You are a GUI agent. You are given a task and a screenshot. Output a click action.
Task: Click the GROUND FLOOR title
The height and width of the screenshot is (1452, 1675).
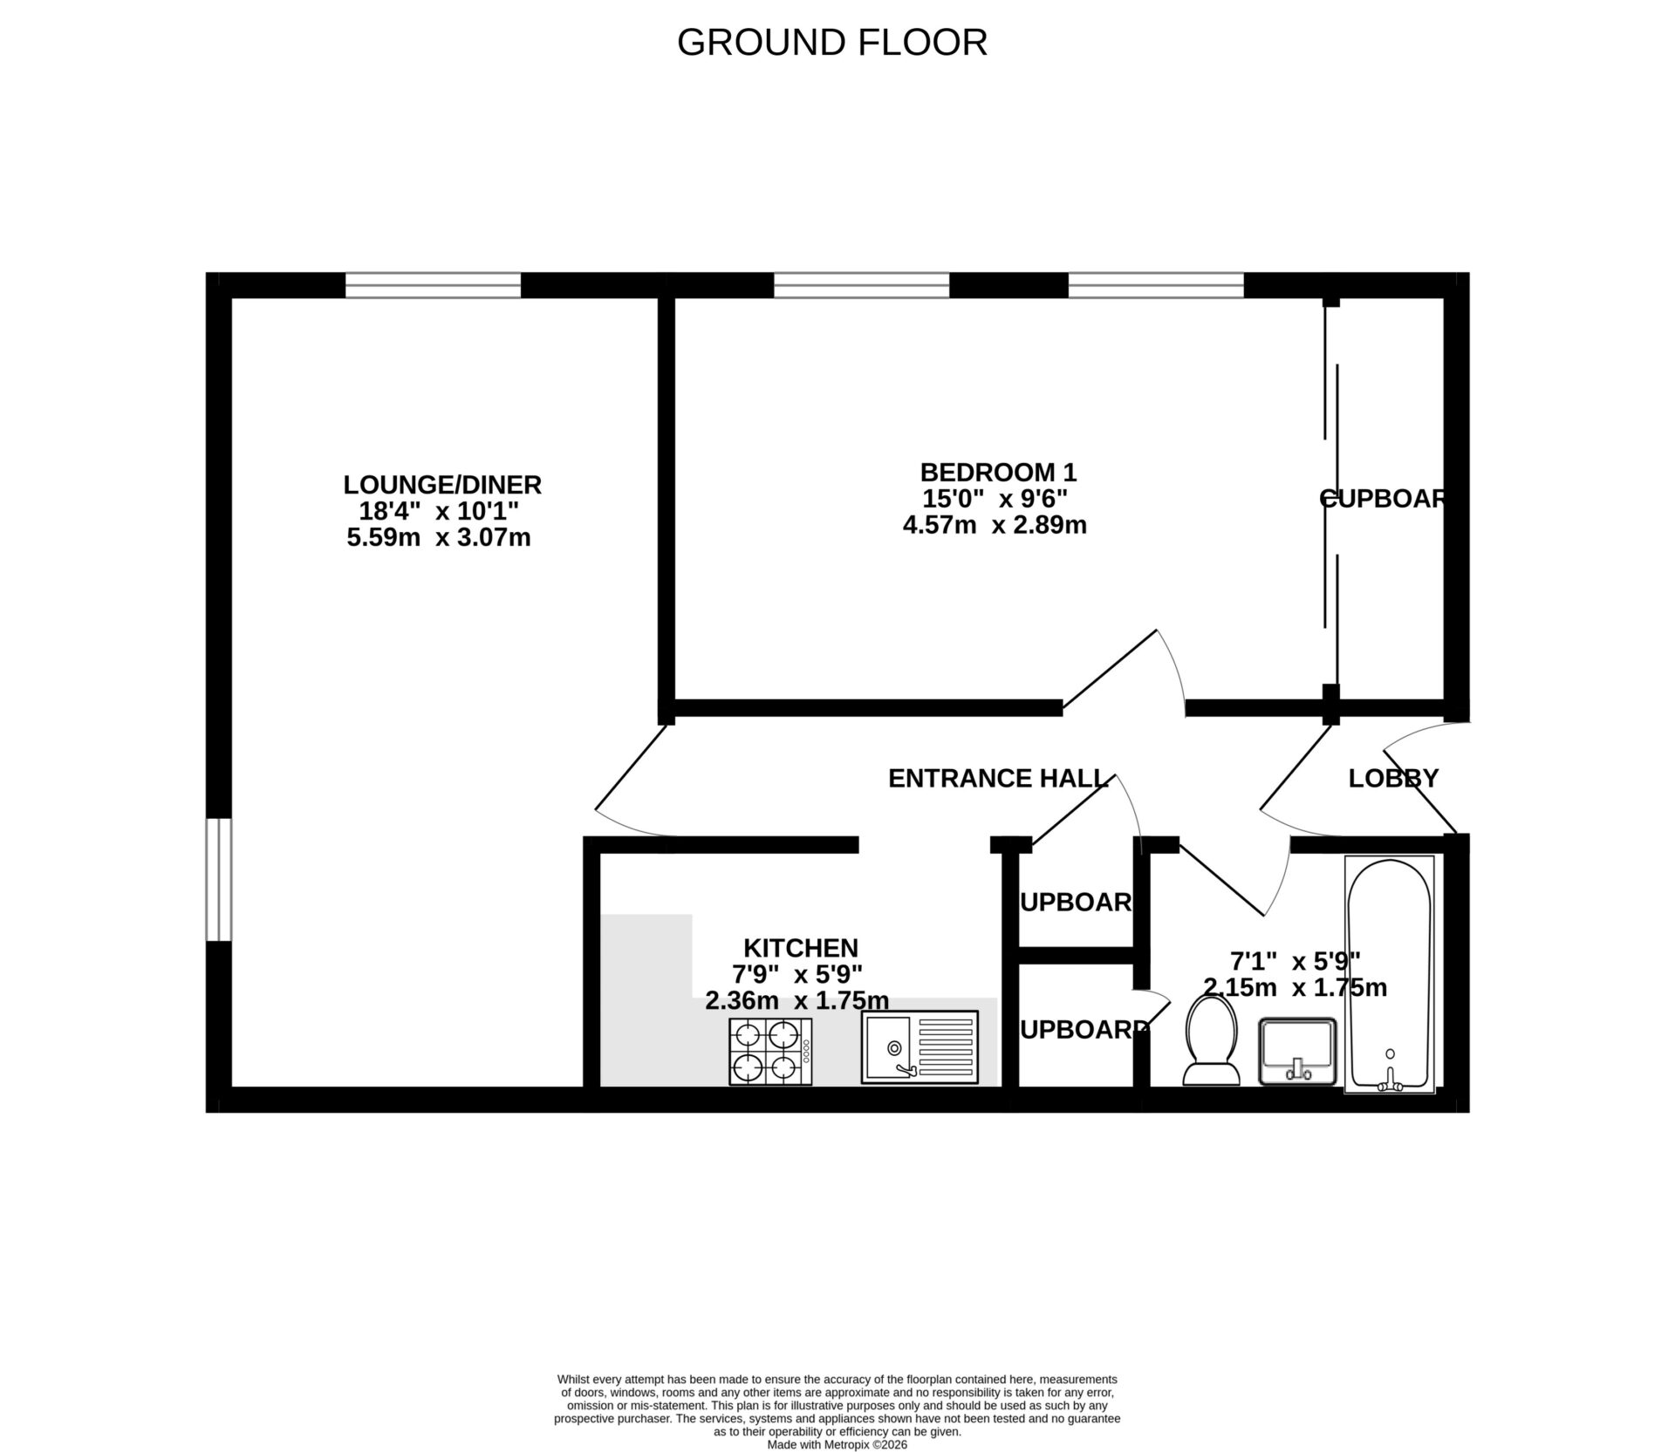pos(831,43)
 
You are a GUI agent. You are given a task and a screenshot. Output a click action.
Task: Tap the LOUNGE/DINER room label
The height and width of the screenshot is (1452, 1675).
pos(442,484)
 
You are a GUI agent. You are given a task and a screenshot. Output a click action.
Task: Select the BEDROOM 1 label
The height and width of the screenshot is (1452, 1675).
pos(998,473)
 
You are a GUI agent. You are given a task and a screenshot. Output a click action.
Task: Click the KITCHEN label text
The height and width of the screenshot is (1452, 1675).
pos(800,947)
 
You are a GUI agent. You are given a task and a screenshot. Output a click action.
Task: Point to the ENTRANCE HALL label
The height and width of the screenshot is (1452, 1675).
pos(997,778)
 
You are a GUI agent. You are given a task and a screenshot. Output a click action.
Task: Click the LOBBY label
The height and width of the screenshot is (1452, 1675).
pos(1392,778)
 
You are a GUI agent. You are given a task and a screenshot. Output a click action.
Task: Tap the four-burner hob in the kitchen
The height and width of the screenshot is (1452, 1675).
pos(770,1051)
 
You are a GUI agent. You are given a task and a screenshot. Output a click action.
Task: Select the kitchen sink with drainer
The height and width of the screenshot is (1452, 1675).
pos(920,1046)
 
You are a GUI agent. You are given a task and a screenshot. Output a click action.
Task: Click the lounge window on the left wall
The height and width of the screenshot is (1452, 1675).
pos(219,879)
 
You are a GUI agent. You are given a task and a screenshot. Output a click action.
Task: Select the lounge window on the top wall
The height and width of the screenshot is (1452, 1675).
pos(433,285)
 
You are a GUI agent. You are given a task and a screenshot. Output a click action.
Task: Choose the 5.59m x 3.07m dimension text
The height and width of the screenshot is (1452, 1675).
pos(439,537)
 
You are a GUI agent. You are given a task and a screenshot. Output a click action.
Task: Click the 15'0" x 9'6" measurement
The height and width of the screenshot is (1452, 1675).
pos(995,499)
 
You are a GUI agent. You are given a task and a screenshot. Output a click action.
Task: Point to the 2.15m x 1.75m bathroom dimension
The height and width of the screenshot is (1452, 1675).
pos(1295,988)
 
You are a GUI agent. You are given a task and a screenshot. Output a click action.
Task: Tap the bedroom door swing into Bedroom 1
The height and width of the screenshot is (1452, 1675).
pos(1134,671)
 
